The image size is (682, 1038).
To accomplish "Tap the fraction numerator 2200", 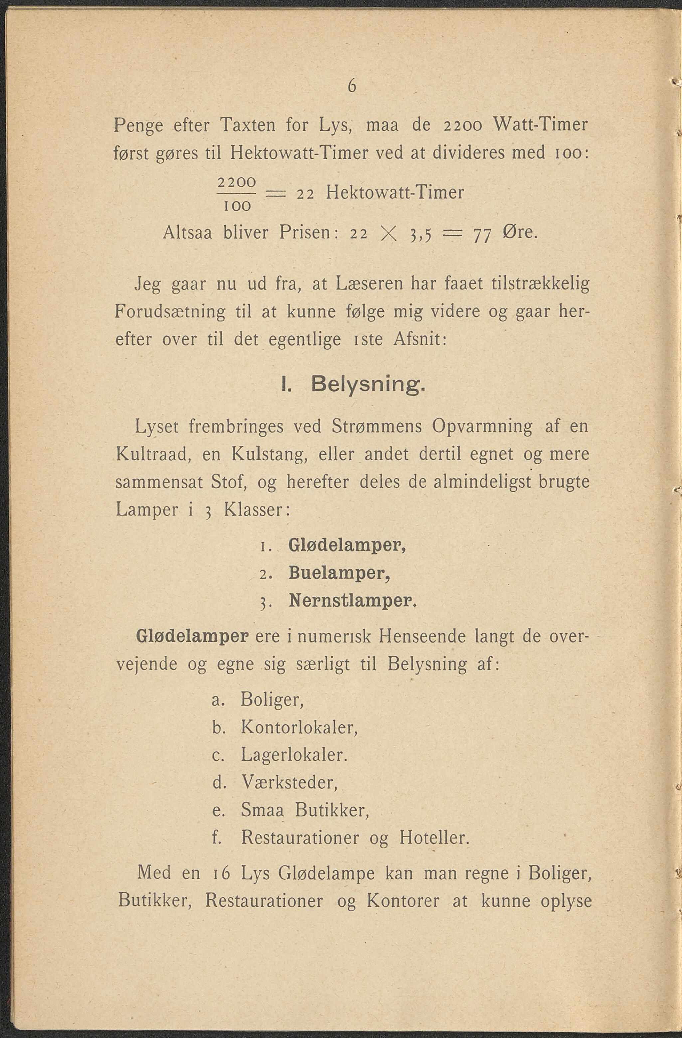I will click(x=236, y=182).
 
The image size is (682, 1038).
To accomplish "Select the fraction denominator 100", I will click(x=237, y=206).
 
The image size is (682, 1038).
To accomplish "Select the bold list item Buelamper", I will click(x=339, y=573).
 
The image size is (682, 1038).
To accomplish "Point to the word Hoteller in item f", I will click(x=433, y=838).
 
